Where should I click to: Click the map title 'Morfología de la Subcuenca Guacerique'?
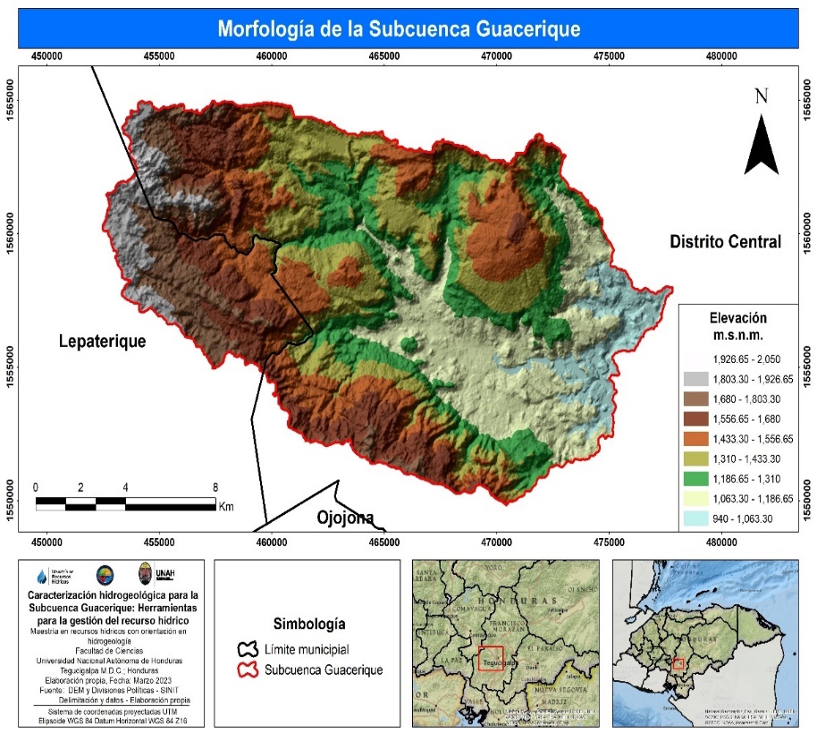[399, 29]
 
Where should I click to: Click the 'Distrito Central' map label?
[725, 241]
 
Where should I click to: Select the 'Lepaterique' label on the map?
[102, 341]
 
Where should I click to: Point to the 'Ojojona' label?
[344, 518]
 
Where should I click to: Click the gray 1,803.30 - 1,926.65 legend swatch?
[697, 379]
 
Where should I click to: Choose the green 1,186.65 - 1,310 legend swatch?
[697, 479]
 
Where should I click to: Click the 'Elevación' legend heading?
[737, 317]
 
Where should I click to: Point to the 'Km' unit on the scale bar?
[226, 507]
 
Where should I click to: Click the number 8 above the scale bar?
[215, 487]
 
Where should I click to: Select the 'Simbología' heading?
[308, 624]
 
